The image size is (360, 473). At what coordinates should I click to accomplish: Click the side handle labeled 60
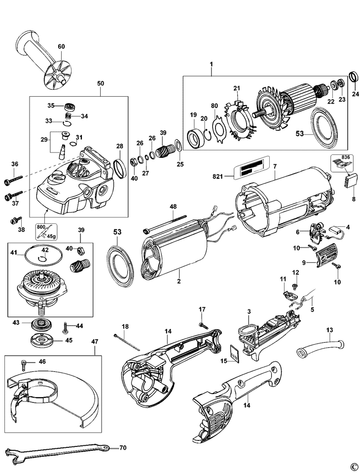click(41, 58)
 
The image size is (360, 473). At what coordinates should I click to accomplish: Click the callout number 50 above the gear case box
click(101, 84)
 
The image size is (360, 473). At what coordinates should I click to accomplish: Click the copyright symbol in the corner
click(353, 466)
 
